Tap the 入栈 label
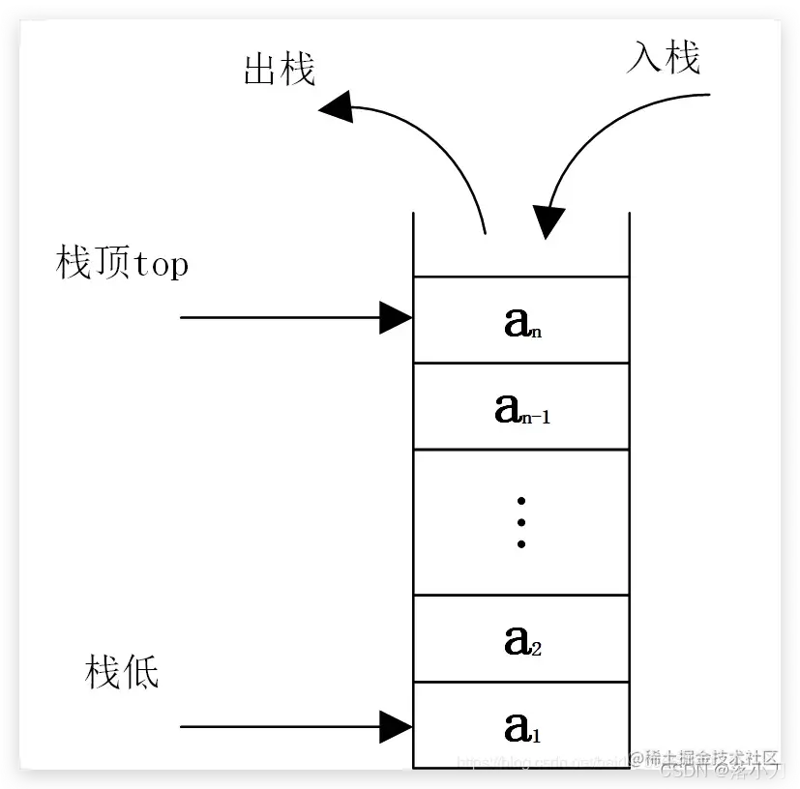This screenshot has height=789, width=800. pyautogui.click(x=663, y=59)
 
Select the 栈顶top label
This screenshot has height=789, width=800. pyautogui.click(x=122, y=263)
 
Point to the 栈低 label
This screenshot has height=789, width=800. pyautogui.click(x=122, y=672)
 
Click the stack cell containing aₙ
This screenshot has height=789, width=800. pyautogui.click(x=520, y=320)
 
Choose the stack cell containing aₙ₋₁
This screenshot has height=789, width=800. pyautogui.click(x=520, y=406)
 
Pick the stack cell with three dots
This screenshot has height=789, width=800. pyautogui.click(x=520, y=522)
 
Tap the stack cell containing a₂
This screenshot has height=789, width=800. pyautogui.click(x=520, y=639)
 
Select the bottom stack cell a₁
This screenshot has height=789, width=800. pyautogui.click(x=520, y=724)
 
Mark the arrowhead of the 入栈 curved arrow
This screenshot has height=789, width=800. pyautogui.click(x=548, y=222)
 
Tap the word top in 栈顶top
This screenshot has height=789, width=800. pyautogui.click(x=160, y=265)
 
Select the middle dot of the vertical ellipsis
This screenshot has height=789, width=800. pyautogui.click(x=520, y=522)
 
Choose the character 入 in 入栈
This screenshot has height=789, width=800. pyautogui.click(x=644, y=59)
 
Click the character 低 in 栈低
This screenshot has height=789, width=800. pyautogui.click(x=140, y=672)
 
